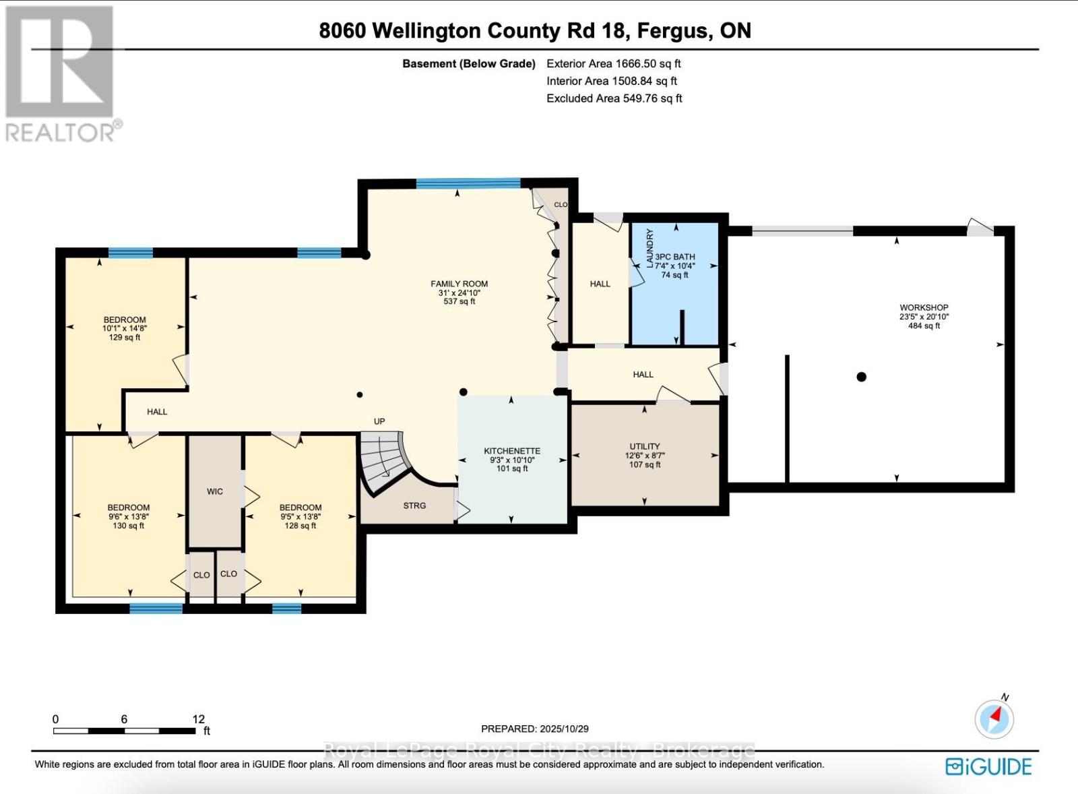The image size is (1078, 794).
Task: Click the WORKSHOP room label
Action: (x=924, y=308)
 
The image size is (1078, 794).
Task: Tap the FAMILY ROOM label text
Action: (x=459, y=284)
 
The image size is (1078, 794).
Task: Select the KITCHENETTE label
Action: (x=512, y=451)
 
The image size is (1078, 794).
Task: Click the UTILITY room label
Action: (x=645, y=446)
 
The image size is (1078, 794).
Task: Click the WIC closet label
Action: (x=215, y=491)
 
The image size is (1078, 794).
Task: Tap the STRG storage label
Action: (x=414, y=506)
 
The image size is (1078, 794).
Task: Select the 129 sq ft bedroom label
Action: (x=125, y=328)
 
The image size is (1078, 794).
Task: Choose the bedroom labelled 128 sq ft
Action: (x=300, y=516)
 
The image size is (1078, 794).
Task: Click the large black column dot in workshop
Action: (x=861, y=377)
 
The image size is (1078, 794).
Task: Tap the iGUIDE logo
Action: (x=988, y=766)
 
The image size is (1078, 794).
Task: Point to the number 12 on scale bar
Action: (x=198, y=719)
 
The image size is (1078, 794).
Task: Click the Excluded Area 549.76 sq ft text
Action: (x=614, y=98)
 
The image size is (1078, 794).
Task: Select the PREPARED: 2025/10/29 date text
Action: (x=535, y=729)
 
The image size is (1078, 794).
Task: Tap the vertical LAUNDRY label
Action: (x=650, y=248)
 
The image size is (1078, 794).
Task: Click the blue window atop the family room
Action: (x=468, y=183)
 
